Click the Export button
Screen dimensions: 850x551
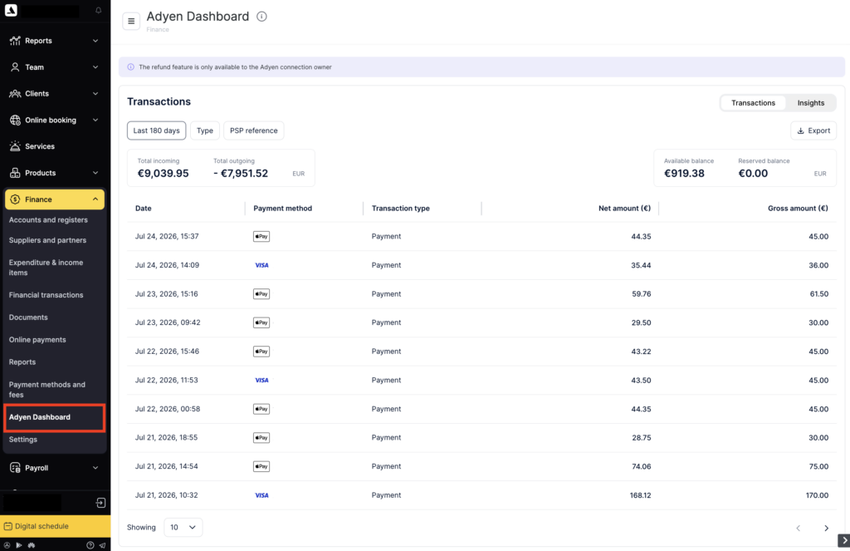[x=813, y=130]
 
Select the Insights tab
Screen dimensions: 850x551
[x=810, y=103]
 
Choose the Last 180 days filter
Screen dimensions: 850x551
[x=156, y=130]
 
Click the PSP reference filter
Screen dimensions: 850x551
[x=253, y=130]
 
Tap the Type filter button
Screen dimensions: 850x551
[x=205, y=130]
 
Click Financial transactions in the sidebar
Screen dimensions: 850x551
[x=46, y=295]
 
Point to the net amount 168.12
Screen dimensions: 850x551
[x=640, y=495]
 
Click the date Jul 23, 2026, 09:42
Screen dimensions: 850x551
[x=168, y=322]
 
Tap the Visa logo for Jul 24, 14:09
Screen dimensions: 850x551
[x=261, y=265]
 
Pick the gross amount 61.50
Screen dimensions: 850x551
[x=818, y=293]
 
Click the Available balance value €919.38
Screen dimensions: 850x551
[x=684, y=174]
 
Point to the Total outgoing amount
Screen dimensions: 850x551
[x=241, y=174]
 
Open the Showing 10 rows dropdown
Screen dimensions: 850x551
[x=183, y=528]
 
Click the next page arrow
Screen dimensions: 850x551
[x=826, y=529]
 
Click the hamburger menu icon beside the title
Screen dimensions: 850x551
[x=131, y=21]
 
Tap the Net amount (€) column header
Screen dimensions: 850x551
[x=624, y=209]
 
